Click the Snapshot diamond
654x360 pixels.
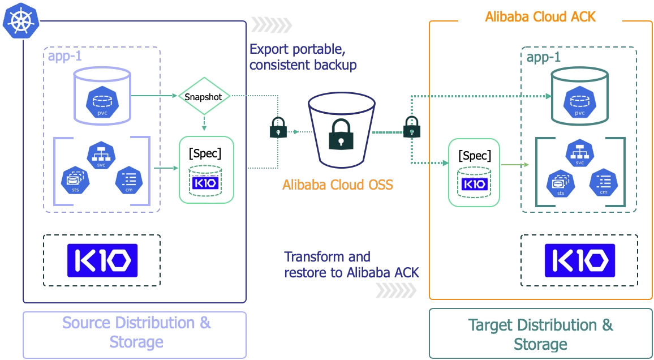(x=204, y=97)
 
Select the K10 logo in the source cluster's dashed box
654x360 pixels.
(x=102, y=260)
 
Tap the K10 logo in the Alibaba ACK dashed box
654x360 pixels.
(x=580, y=260)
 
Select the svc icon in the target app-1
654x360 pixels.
(x=579, y=153)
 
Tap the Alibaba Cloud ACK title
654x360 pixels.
(x=540, y=16)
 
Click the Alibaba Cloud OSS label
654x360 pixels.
(x=337, y=185)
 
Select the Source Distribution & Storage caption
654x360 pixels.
(x=136, y=332)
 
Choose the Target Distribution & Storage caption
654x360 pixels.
(x=540, y=335)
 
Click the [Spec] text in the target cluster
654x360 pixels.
(x=475, y=156)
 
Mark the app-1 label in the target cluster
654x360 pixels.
(x=544, y=58)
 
